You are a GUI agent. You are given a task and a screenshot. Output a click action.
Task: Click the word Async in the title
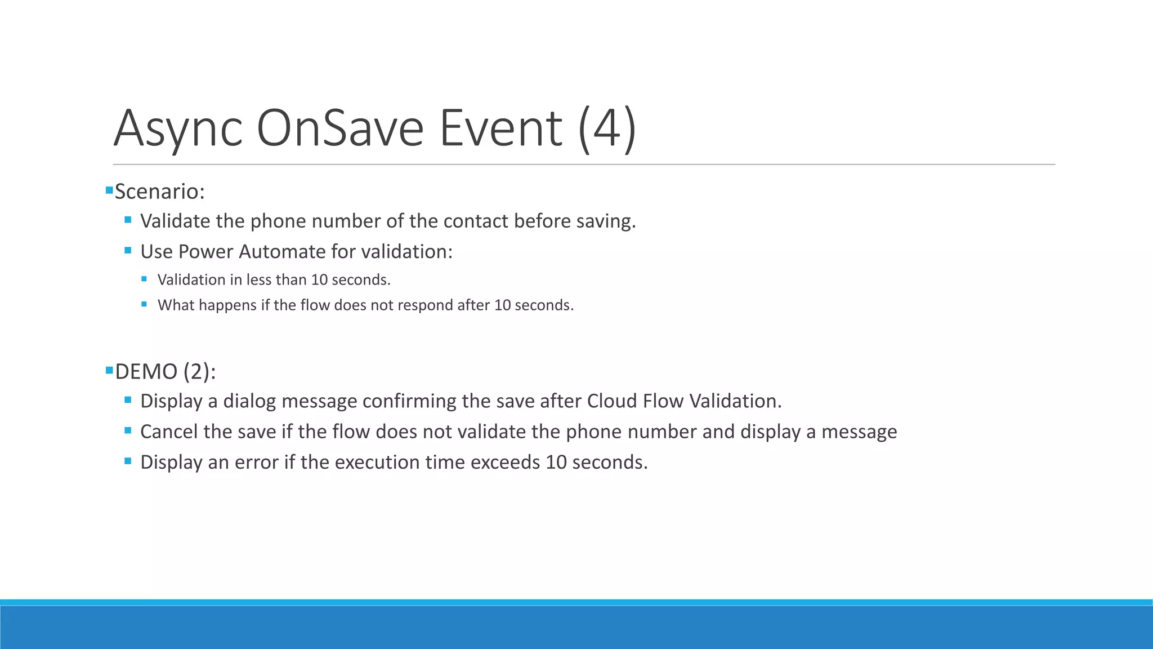178,129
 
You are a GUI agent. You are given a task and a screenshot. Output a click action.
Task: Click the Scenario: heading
159,192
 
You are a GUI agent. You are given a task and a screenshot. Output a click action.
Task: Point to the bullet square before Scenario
109,190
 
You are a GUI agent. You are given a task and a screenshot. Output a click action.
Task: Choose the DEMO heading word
146,372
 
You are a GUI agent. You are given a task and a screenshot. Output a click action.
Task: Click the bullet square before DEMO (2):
109,370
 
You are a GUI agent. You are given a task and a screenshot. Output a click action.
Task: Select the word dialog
249,401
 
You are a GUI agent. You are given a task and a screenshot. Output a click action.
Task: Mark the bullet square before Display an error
128,461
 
